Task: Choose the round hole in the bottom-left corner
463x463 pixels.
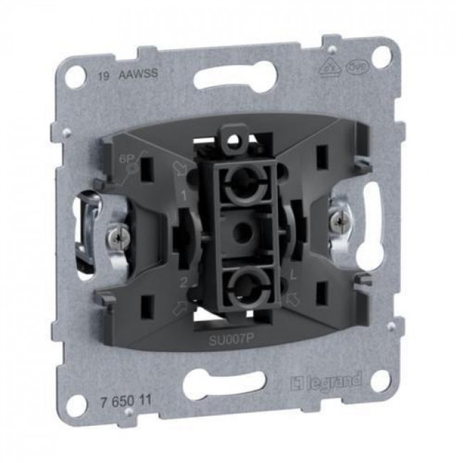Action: point(75,406)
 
